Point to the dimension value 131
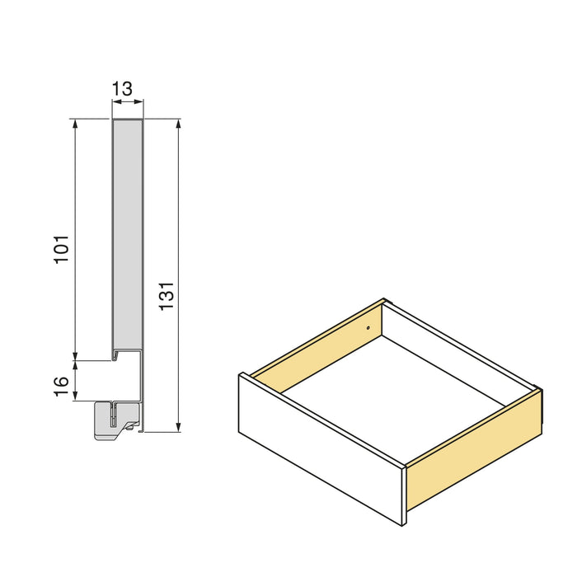click(x=166, y=296)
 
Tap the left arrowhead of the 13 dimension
click(x=115, y=102)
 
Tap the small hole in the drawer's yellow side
click(x=368, y=327)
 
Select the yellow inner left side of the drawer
click(x=317, y=346)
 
